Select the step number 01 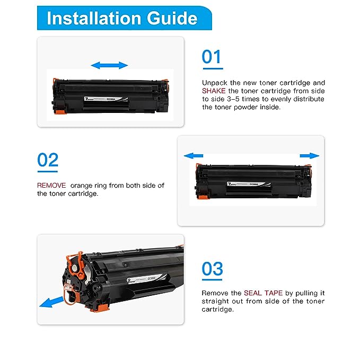(212, 56)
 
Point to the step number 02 (48, 160)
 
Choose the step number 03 (212, 269)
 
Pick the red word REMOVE (51, 186)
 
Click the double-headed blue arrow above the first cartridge (109, 65)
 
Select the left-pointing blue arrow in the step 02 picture (194, 156)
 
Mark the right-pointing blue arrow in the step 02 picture (309, 156)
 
